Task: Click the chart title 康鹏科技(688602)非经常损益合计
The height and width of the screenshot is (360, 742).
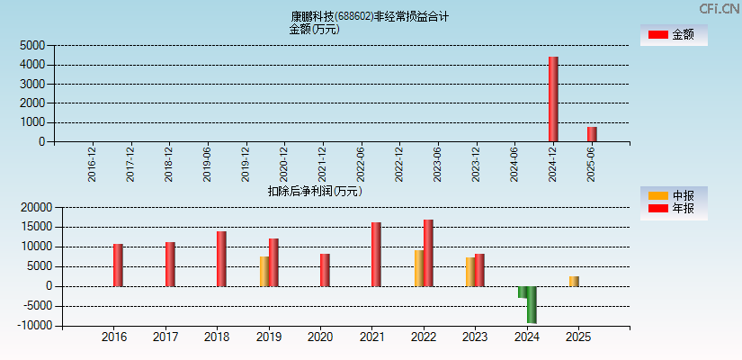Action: pyautogui.click(x=370, y=16)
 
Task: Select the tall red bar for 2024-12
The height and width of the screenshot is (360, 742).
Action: pyautogui.click(x=553, y=99)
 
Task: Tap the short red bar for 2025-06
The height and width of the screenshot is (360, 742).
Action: pyautogui.click(x=592, y=134)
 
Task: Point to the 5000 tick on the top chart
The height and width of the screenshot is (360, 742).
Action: pyautogui.click(x=32, y=45)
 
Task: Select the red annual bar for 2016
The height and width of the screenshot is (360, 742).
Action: pyautogui.click(x=118, y=265)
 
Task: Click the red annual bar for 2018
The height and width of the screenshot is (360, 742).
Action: pyautogui.click(x=221, y=258)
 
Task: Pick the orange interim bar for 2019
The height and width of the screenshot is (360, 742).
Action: pyautogui.click(x=264, y=271)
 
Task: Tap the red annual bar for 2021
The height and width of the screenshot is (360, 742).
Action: pyautogui.click(x=376, y=254)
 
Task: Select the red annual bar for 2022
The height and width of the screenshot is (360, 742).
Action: pyautogui.click(x=428, y=253)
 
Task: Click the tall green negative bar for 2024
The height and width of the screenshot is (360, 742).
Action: pyautogui.click(x=532, y=304)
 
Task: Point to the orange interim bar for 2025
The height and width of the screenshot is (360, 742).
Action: pyautogui.click(x=574, y=281)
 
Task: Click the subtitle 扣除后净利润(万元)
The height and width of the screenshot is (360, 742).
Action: pyautogui.click(x=314, y=191)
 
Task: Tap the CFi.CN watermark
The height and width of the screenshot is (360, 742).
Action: pyautogui.click(x=719, y=8)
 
